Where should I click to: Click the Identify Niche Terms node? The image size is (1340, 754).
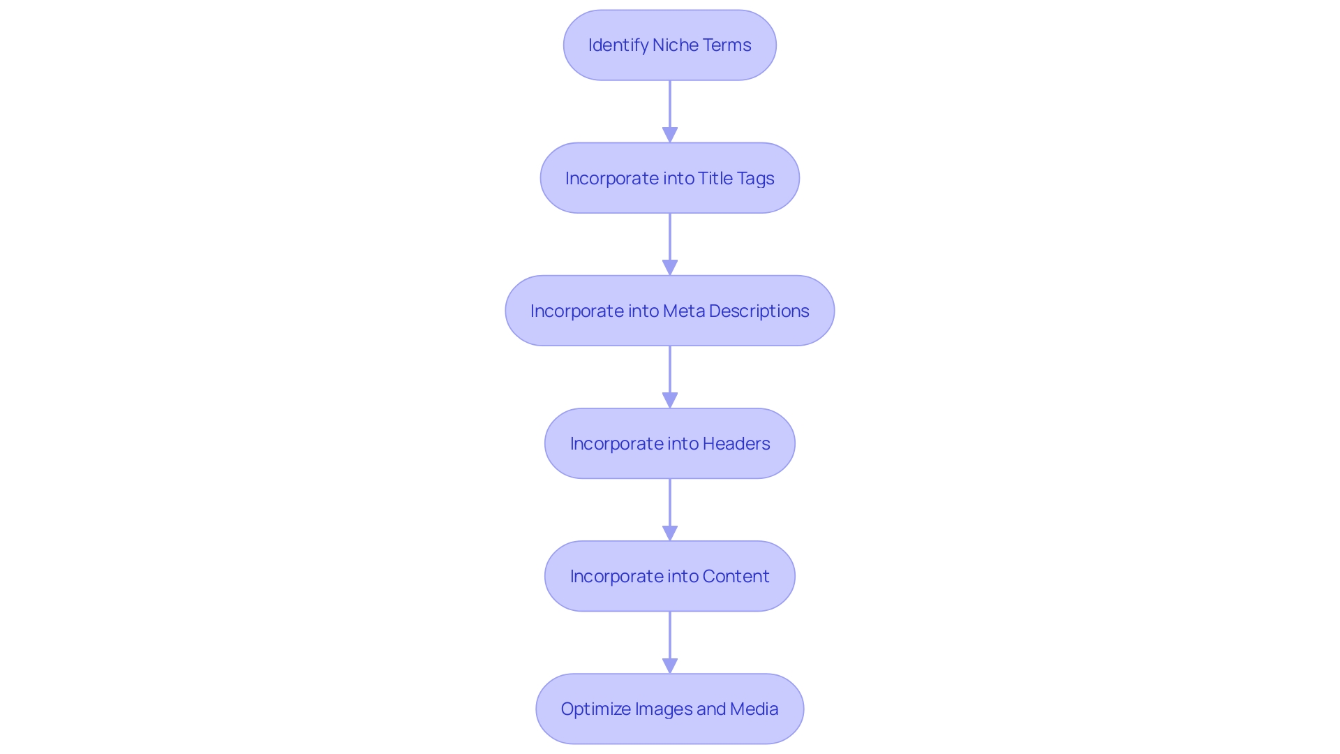670,45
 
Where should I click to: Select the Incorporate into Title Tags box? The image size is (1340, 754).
670,178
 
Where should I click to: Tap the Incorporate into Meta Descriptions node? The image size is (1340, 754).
670,311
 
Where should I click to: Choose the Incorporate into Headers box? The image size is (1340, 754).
670,443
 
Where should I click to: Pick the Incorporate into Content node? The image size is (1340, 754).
670,576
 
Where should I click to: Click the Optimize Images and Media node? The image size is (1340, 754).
670,709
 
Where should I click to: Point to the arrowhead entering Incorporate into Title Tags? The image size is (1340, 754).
670,135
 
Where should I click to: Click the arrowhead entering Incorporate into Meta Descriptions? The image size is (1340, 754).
670,267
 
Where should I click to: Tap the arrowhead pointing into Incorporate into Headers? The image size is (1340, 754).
670,400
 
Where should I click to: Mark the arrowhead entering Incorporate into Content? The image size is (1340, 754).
670,533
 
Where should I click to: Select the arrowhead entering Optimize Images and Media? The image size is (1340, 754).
670,665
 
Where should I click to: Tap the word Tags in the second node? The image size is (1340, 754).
755,179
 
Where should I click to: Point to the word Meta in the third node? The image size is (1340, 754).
683,311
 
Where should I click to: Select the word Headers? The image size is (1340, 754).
736,443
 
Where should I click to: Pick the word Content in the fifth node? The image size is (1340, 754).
736,576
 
